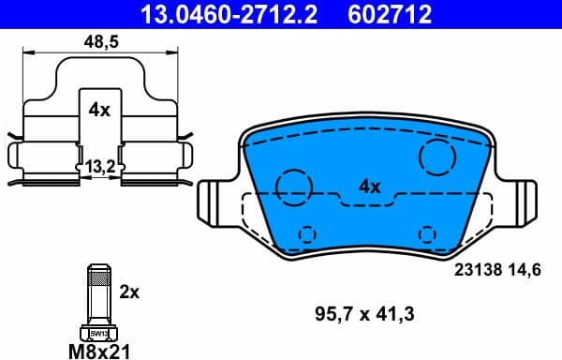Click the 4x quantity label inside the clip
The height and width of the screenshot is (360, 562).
coord(98,110)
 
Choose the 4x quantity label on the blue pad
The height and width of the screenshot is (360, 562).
coord(370,187)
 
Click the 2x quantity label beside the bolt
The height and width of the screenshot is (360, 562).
coord(129,292)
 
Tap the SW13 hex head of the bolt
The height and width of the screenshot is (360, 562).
coord(97,332)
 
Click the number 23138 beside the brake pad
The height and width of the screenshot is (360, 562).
coord(476,268)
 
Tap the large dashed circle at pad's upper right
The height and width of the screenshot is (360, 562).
coord(436,157)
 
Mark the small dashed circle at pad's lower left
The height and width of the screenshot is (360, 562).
coord(305,233)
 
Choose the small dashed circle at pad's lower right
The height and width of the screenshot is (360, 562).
coord(428,233)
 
